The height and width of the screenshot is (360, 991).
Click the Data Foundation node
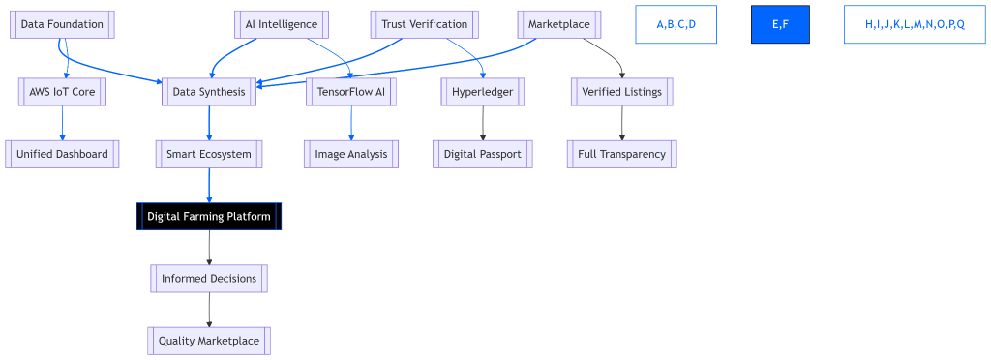pos(62,24)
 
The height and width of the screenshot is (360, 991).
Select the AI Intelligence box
pos(282,24)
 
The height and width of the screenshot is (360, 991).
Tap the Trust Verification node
pos(424,24)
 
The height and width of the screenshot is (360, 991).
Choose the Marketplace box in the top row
pos(558,24)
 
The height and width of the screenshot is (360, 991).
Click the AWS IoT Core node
pos(62,92)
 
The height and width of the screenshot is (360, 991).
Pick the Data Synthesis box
pos(209,92)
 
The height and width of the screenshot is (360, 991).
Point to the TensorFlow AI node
pos(351,92)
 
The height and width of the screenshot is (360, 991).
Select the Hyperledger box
pos(483,92)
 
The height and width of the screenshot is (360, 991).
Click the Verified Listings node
pos(621,92)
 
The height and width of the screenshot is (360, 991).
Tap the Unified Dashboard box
pos(62,154)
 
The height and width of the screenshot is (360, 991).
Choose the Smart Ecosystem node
pos(209,154)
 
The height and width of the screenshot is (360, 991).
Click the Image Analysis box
pos(351,154)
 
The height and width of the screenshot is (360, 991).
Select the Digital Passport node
pos(483,154)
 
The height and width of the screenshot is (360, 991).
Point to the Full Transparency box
pos(621,154)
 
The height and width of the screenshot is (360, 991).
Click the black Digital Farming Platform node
pos(209,216)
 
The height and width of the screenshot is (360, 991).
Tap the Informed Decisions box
pos(209,279)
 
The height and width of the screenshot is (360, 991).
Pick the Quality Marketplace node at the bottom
pos(209,341)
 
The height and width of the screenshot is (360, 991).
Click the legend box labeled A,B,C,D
pos(676,24)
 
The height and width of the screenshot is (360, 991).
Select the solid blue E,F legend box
pos(780,24)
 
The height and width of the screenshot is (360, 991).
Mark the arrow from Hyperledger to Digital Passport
pos(483,123)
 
